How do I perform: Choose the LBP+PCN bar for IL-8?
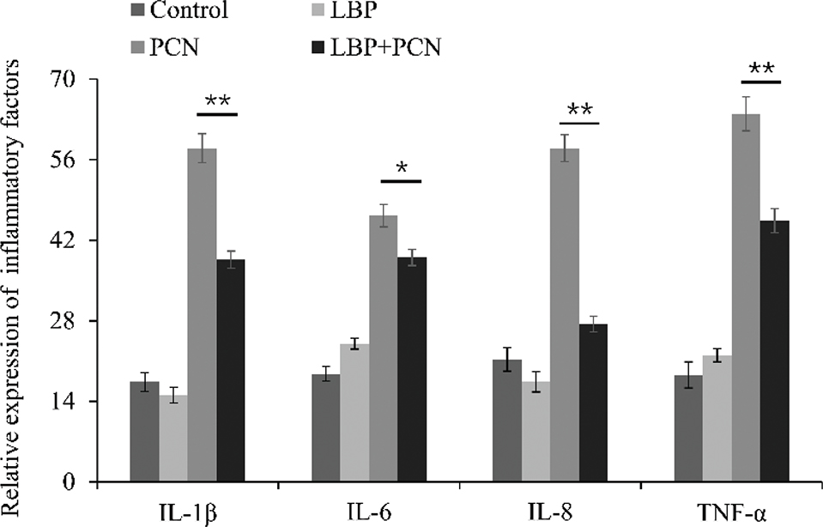593,403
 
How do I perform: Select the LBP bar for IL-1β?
173,438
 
